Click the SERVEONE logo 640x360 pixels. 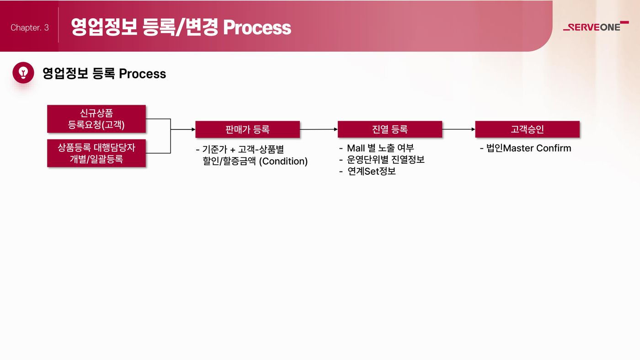596,27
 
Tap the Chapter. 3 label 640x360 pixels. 29,27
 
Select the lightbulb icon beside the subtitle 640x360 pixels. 23,73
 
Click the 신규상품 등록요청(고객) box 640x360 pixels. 96,118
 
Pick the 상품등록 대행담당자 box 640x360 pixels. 96,153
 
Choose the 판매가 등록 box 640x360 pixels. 247,129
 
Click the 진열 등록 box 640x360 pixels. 389,129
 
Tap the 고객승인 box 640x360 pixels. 527,129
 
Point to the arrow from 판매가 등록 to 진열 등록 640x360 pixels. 319,129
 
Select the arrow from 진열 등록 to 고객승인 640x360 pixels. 459,129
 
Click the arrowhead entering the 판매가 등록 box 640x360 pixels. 193,129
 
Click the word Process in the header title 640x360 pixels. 257,27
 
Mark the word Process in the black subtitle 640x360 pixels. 142,74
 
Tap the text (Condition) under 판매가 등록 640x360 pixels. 283,161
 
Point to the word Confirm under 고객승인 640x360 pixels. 554,148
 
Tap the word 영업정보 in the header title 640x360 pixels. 104,27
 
